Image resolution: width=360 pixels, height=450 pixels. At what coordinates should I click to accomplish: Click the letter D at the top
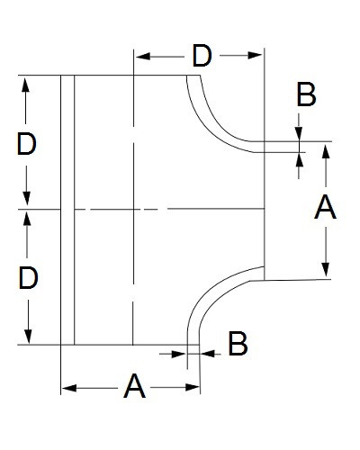tap(202, 56)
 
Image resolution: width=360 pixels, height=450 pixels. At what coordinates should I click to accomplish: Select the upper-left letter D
tap(27, 144)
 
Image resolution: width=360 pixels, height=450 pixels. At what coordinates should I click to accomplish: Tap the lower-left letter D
tap(28, 278)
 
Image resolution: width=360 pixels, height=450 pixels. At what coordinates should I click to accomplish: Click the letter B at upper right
tap(306, 95)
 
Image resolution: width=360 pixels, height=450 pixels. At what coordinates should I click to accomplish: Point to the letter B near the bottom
tap(238, 344)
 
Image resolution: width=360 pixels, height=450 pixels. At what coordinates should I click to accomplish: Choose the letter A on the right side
tap(325, 207)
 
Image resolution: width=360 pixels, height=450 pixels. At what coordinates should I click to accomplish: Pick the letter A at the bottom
tap(134, 386)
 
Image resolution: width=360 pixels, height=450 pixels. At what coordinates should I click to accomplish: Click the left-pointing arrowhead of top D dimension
tap(143, 56)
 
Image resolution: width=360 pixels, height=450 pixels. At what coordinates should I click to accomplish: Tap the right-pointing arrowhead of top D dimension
tap(255, 56)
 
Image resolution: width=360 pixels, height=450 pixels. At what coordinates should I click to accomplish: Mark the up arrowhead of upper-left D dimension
tap(26, 85)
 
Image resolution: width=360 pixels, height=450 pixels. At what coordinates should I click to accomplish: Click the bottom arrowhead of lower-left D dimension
tap(28, 337)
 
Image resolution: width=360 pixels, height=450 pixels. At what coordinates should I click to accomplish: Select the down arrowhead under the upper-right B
tap(299, 134)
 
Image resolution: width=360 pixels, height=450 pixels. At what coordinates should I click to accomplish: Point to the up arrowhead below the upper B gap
tap(299, 159)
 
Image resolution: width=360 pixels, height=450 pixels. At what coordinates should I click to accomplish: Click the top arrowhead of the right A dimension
tap(326, 151)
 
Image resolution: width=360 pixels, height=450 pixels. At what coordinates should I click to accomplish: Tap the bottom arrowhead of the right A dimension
tap(326, 269)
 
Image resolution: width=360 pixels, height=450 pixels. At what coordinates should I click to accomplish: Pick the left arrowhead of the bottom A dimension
tap(69, 388)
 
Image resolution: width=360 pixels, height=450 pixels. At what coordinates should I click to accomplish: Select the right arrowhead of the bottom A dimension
tap(192, 387)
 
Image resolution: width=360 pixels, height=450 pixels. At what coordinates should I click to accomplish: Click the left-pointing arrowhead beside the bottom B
tap(208, 354)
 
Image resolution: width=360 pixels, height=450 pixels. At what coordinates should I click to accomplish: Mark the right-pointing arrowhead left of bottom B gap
tap(178, 354)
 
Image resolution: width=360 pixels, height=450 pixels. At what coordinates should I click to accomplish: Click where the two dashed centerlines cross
tap(133, 209)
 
